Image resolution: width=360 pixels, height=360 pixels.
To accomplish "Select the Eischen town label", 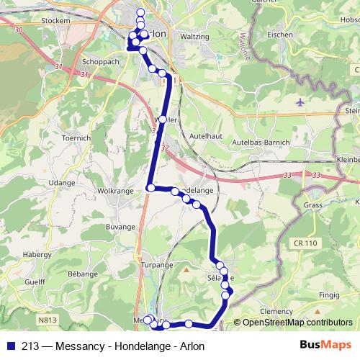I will pyautogui.click(x=279, y=35).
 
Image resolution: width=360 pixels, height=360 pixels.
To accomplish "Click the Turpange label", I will pyautogui.click(x=156, y=265).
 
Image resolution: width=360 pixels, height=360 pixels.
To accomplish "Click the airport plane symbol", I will pyautogui.click(x=300, y=102).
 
